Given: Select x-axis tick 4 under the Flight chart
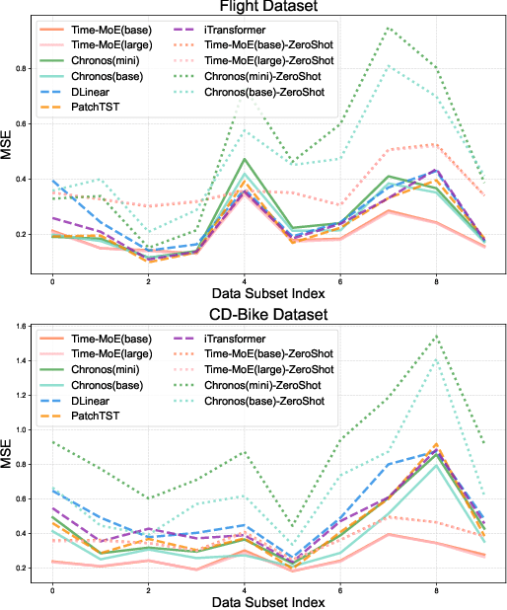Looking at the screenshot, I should [x=245, y=281].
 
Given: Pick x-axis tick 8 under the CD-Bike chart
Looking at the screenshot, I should [x=435, y=590].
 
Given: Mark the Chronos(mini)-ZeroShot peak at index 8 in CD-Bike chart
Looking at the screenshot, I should [x=435, y=337].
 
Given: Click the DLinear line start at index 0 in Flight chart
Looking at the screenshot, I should [x=52, y=181].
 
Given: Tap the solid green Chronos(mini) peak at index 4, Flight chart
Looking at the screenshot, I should [x=245, y=159].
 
